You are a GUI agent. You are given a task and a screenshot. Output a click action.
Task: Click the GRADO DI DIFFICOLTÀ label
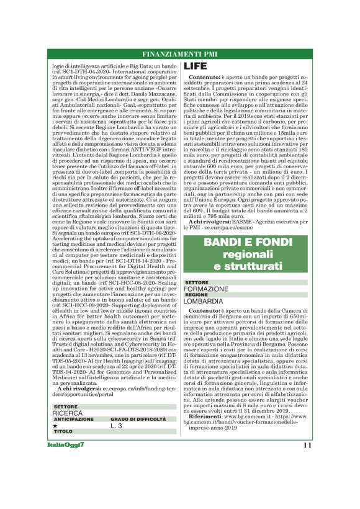(135, 419)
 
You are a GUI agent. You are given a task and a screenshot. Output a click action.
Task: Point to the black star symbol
(55, 426)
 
